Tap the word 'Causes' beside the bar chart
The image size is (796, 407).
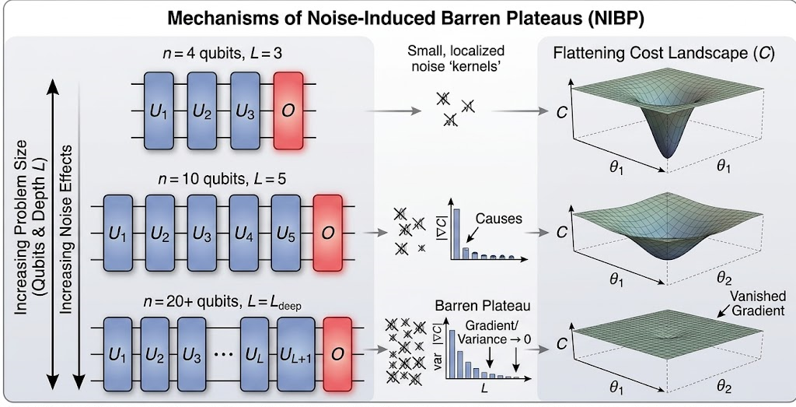(x=499, y=220)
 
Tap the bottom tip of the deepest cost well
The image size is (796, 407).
(x=670, y=155)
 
